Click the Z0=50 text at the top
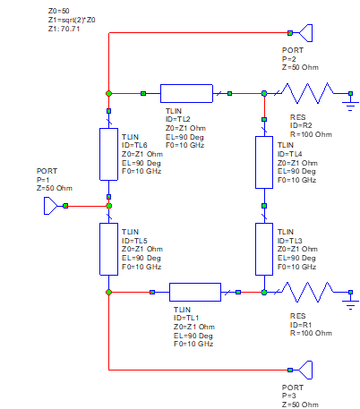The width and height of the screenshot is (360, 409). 58,10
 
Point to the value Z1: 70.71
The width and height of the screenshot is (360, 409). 64,29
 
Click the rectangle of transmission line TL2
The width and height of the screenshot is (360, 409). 186,92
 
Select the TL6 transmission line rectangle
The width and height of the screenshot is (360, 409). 109,156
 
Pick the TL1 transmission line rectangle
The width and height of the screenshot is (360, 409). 194,292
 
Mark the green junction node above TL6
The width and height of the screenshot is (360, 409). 108,92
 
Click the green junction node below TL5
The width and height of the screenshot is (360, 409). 108,292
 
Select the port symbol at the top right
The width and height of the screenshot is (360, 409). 306,33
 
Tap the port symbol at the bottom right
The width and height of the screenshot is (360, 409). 306,369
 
